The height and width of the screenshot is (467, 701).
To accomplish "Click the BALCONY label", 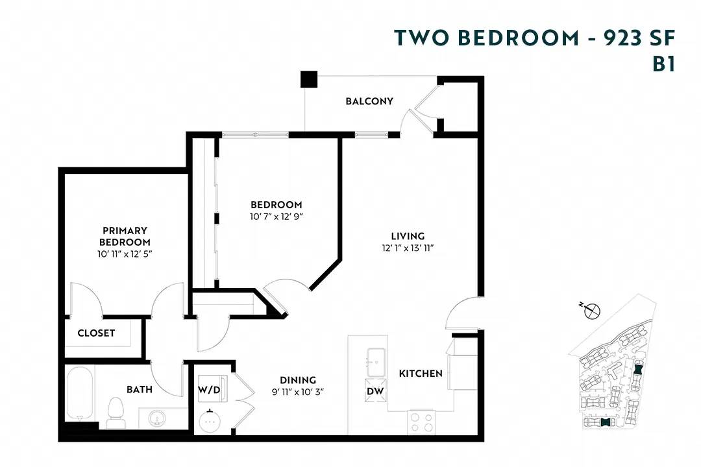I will coord(369,101).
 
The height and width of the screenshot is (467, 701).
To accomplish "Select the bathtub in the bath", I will coord(80,393).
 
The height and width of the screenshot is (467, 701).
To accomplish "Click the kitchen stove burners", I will coord(422,422).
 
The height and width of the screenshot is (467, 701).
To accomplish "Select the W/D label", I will coord(208,390).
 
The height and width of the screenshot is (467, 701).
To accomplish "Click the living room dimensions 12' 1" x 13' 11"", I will coord(408,248).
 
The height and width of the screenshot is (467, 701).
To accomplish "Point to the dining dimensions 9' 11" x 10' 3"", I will coord(298,392).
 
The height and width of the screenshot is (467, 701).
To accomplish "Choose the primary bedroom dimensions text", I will coord(125,254).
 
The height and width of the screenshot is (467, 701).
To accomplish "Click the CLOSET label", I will coord(96,333).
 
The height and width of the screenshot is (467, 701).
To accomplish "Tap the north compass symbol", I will coord(591,311).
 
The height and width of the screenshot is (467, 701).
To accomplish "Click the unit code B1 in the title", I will coord(663,65).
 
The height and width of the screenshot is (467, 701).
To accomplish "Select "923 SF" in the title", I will coord(639,38).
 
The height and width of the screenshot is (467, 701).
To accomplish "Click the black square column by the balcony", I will coord(308,79).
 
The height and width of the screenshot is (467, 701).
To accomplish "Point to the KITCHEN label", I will coord(421,374).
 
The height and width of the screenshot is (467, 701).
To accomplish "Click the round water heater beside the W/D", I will coord(210,422).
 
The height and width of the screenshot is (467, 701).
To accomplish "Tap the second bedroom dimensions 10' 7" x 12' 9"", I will coord(277,217).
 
